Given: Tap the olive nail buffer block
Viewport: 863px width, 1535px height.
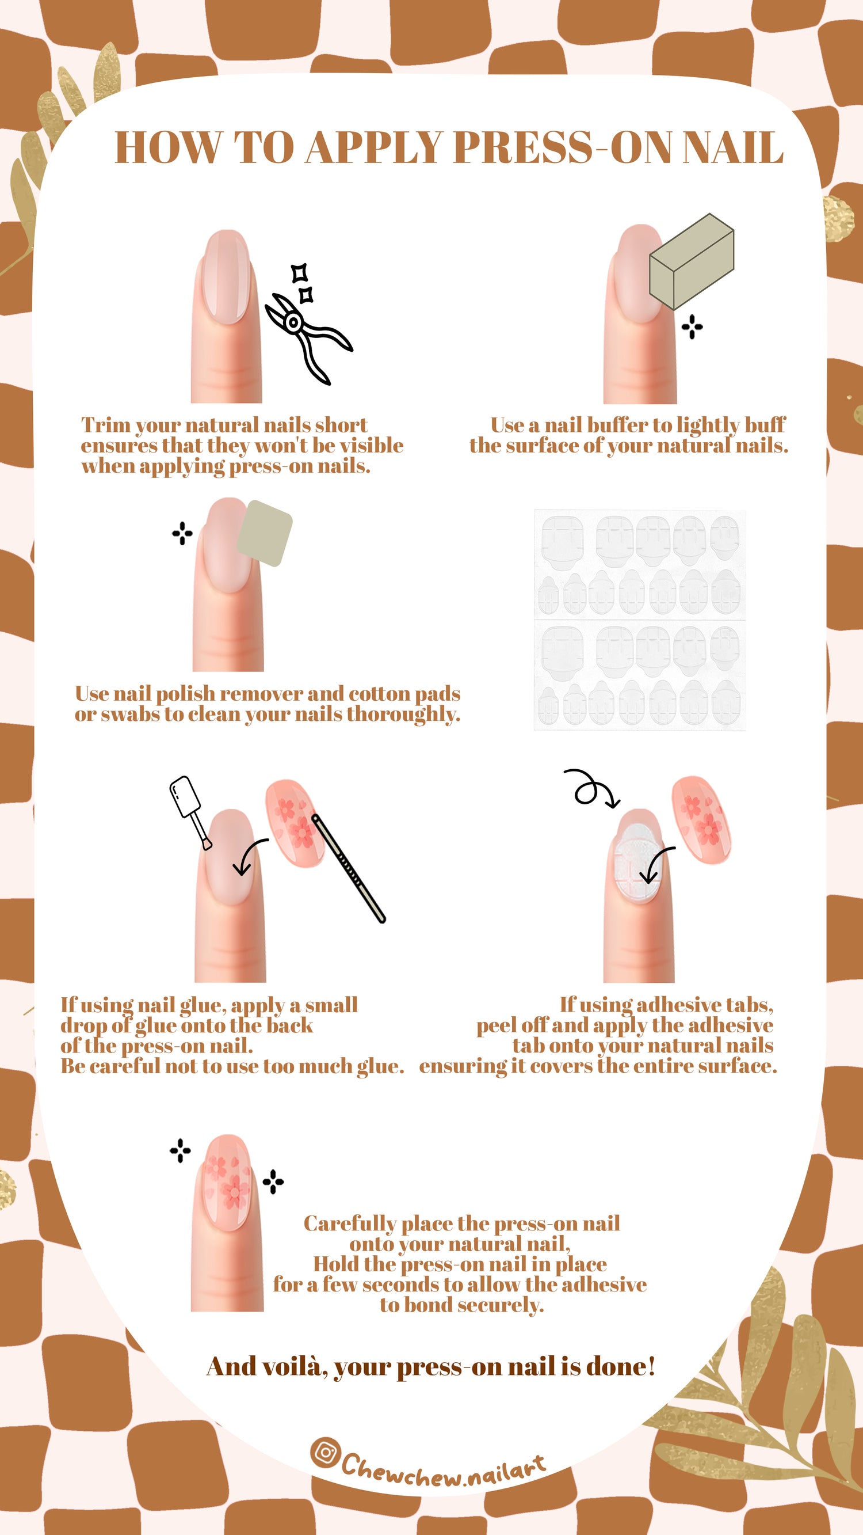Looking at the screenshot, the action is pos(692,261).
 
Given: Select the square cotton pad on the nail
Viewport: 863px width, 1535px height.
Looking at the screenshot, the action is pos(265,533).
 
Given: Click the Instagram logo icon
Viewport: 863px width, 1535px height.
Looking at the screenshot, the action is pos(325,1452).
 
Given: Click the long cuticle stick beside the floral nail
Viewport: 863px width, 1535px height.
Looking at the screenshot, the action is pos(349,868).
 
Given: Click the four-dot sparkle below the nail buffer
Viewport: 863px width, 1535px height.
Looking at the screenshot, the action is pos(692,326).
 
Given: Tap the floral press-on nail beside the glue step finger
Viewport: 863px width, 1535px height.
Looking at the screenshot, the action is pos(295,823).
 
